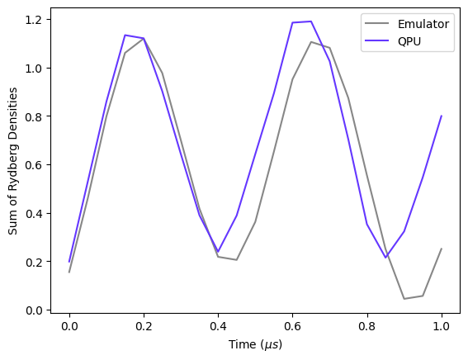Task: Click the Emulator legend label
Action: coord(423,24)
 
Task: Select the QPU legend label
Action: coord(409,41)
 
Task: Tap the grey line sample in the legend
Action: coord(376,24)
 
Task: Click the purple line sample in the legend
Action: coord(376,40)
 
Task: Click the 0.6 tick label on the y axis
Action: coord(33,165)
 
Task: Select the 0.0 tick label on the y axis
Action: coord(33,310)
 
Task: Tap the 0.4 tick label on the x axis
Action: coord(218,326)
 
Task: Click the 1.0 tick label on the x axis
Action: coord(442,326)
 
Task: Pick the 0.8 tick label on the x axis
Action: coord(367,326)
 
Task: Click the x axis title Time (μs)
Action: coord(255,344)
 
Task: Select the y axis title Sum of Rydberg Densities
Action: coord(13,161)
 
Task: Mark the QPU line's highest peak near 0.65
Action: coord(311,21)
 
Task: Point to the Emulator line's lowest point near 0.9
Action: coord(404,299)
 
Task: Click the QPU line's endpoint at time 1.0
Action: coord(442,116)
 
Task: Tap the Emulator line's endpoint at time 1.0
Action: coord(442,249)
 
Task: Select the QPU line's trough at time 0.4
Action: coord(218,252)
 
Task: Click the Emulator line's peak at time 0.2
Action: coord(144,39)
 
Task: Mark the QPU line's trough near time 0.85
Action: coord(385,258)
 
